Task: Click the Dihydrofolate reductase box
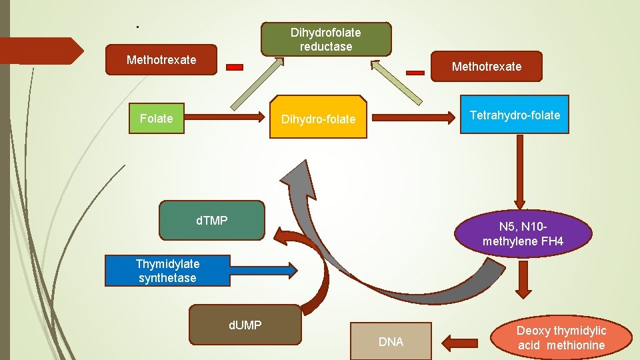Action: [x=325, y=39]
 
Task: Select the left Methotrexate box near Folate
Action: [x=161, y=61]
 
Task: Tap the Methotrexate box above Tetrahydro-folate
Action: [x=486, y=67]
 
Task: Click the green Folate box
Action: [x=156, y=119]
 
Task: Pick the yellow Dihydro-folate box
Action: [x=318, y=119]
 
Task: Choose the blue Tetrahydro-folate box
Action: [x=515, y=115]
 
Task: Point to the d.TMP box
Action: [x=211, y=220]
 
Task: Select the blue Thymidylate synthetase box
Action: [x=167, y=271]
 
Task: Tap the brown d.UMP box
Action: [x=245, y=325]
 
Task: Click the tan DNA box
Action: [x=391, y=342]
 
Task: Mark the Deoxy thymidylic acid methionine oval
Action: [x=561, y=338]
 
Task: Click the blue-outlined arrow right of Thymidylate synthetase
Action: [x=264, y=270]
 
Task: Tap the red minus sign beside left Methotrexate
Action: [x=235, y=67]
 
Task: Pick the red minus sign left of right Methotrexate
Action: [x=415, y=72]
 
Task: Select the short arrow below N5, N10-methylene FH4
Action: [x=523, y=278]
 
